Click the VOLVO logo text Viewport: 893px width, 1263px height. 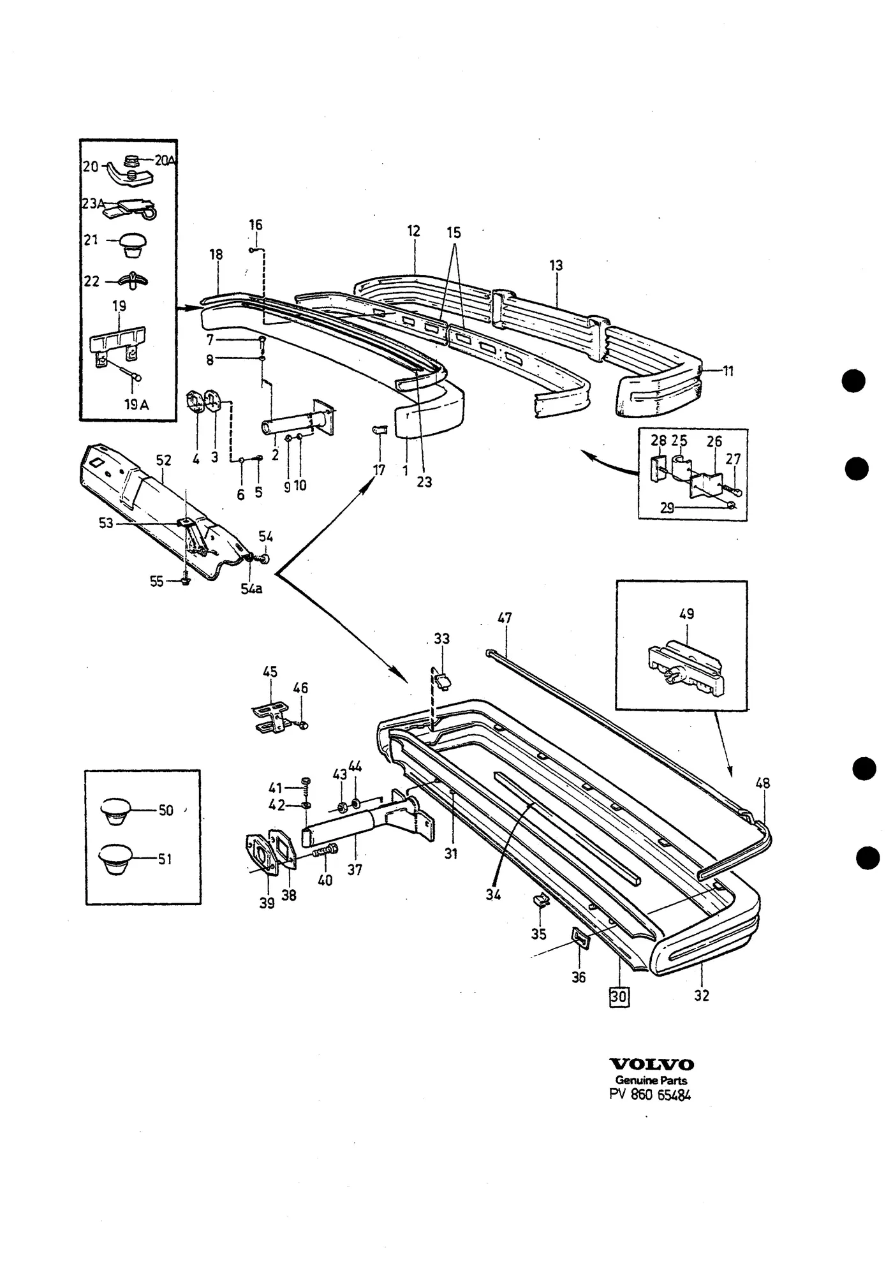[652, 1065]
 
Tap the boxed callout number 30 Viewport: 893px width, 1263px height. [619, 996]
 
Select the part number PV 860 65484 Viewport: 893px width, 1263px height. [651, 1095]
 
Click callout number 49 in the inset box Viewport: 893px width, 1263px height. [686, 614]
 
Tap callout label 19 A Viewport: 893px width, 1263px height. [136, 404]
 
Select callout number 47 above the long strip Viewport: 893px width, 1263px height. [505, 618]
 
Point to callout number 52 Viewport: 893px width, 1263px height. [164, 460]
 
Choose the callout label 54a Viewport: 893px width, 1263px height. [251, 588]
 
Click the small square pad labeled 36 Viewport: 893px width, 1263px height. [580, 936]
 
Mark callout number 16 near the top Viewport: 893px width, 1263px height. [255, 225]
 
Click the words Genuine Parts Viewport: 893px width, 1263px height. [651, 1081]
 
